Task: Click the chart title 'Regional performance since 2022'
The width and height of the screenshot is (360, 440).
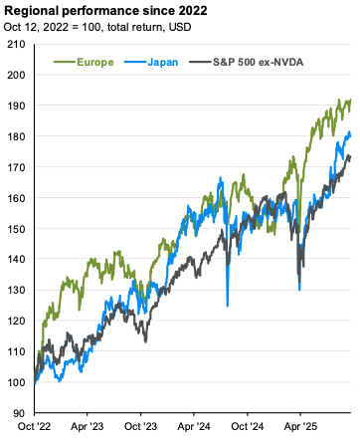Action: (x=105, y=11)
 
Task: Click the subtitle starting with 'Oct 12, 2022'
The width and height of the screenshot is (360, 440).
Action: (x=97, y=27)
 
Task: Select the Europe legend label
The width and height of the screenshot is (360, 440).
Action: (x=95, y=62)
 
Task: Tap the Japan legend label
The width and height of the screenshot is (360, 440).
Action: (x=163, y=62)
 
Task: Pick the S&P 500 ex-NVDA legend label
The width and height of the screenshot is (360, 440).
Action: (x=259, y=62)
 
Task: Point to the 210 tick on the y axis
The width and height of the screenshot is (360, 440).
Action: (x=16, y=44)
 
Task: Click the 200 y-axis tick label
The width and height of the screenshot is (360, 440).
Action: (x=16, y=75)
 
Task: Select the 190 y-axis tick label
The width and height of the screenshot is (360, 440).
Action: (x=16, y=106)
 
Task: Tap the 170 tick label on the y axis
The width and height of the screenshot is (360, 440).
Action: (x=16, y=167)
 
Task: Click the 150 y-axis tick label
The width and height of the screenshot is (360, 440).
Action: (x=16, y=229)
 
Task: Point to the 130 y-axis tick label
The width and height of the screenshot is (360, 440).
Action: (x=16, y=290)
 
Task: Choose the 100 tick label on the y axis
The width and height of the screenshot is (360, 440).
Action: (x=16, y=382)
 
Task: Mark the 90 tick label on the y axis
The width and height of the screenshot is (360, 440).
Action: (x=19, y=413)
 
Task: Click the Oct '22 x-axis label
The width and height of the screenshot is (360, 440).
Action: (x=34, y=426)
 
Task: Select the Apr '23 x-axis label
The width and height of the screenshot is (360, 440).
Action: (x=88, y=426)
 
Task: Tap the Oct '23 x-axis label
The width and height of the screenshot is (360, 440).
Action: (x=140, y=426)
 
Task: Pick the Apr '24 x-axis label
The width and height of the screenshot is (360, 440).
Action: (x=194, y=426)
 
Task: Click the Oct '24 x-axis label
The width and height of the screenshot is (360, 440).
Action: (x=248, y=426)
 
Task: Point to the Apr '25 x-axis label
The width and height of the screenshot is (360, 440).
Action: (x=300, y=426)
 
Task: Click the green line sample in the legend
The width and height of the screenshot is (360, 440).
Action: (x=65, y=62)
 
